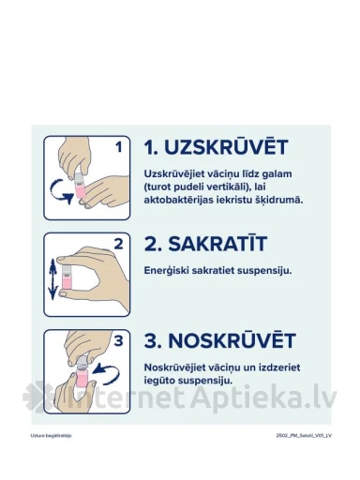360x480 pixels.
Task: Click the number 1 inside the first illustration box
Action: tap(118, 146)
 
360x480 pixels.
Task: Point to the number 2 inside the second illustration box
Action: tap(118, 244)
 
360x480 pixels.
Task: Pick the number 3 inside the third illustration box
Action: tap(118, 340)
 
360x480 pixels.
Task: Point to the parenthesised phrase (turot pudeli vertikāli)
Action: tap(201, 188)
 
